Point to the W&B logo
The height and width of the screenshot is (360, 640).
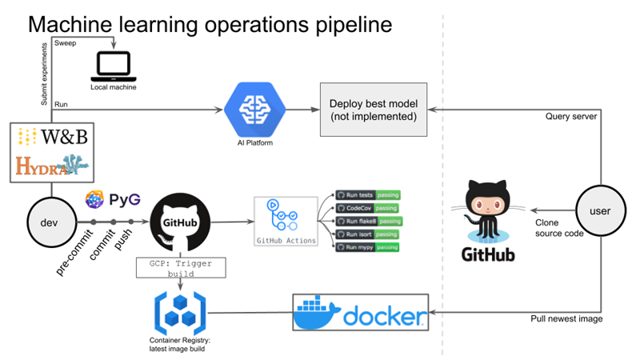click(x=52, y=137)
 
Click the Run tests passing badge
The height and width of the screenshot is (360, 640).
click(x=369, y=194)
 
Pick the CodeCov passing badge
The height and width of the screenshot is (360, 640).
click(x=369, y=208)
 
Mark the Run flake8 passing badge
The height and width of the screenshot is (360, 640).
click(x=369, y=221)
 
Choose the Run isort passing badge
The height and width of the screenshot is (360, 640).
click(x=369, y=234)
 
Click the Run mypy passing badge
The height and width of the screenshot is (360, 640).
click(x=369, y=247)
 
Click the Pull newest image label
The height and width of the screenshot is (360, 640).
click(x=566, y=318)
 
